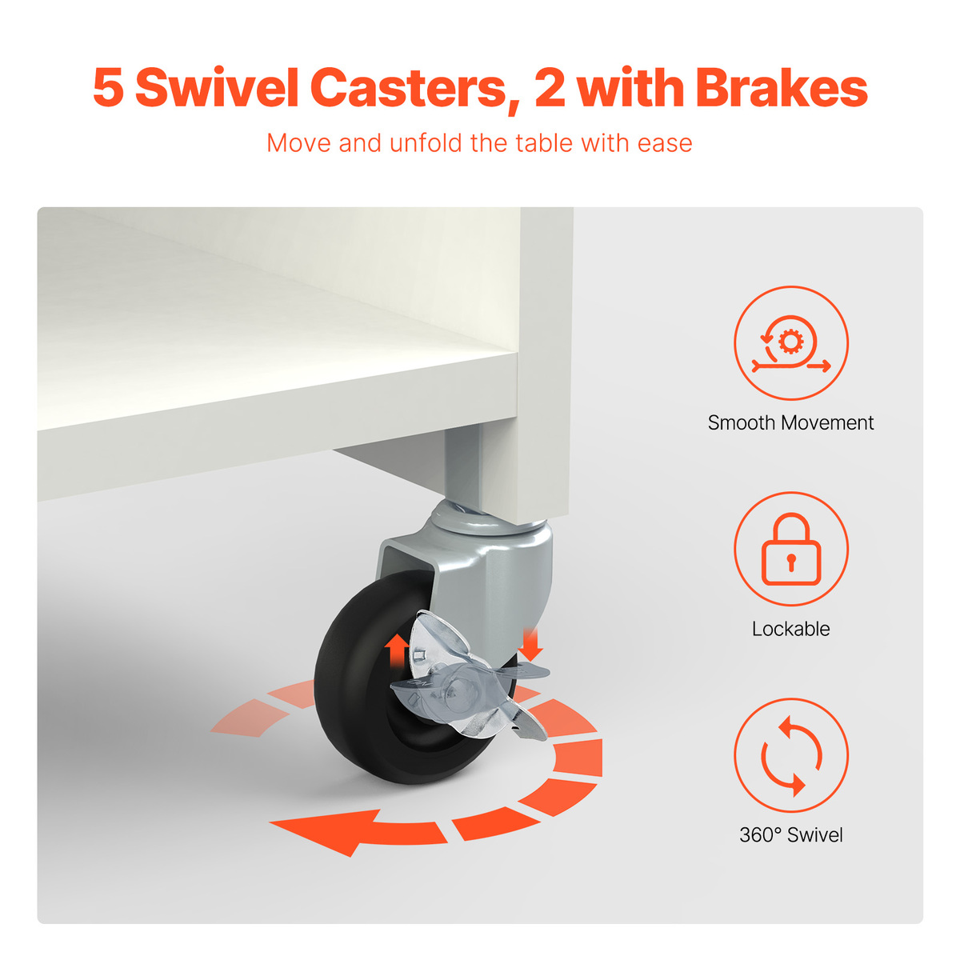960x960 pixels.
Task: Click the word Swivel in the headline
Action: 217,88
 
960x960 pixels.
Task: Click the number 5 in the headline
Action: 108,89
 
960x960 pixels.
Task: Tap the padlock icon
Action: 791,549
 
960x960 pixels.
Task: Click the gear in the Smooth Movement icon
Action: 790,342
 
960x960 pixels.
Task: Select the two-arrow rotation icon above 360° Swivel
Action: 791,756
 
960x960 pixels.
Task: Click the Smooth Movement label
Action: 790,423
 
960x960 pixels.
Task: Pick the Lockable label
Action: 790,630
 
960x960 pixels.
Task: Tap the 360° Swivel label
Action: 790,835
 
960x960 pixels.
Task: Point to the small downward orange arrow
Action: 531,644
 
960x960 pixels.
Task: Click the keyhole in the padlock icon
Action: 790,561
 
